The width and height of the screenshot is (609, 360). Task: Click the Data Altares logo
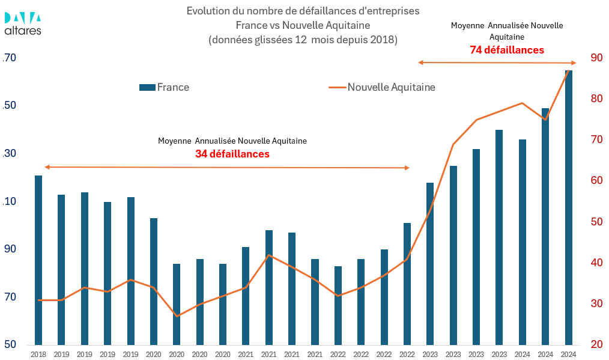coord(23,23)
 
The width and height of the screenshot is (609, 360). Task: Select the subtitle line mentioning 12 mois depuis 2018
coord(303,40)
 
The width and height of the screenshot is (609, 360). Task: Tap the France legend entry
coord(164,87)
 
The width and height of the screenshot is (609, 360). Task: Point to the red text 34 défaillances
coord(232,154)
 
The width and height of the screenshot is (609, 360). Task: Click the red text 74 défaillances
coord(507,50)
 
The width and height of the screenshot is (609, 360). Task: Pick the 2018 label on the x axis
coord(38,355)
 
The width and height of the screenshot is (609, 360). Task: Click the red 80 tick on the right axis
coord(596,99)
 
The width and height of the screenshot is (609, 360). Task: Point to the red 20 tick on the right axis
coord(596,344)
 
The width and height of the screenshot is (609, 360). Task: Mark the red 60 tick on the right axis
coord(596,180)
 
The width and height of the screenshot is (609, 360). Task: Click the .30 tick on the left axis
coord(10,153)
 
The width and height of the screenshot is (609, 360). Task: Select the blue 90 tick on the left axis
coord(11,249)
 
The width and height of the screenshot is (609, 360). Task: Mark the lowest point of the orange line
coord(177,316)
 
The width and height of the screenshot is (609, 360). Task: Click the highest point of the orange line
coord(569,70)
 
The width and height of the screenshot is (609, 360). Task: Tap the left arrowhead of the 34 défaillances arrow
coord(46,167)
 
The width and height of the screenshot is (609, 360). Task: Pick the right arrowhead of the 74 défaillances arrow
coord(574,63)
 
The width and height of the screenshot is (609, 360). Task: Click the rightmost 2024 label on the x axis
coord(569,355)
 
